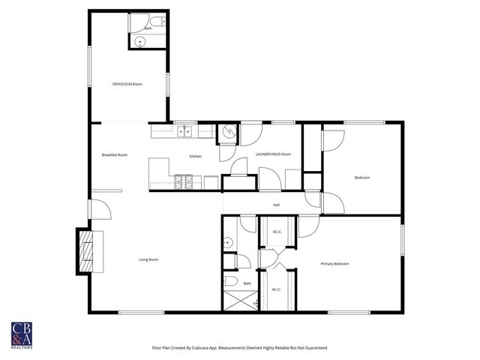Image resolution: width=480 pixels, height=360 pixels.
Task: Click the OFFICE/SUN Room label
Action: (x=127, y=84)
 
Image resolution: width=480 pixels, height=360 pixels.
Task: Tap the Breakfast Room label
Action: (x=115, y=154)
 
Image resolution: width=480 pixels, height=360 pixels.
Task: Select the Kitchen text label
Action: (x=195, y=156)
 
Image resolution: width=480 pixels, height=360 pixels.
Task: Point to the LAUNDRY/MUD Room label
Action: (x=273, y=154)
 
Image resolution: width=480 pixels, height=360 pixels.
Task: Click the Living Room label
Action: (x=148, y=259)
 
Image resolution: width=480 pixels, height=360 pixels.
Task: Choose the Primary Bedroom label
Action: (x=334, y=264)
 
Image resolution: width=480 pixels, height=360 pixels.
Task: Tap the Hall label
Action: (x=276, y=204)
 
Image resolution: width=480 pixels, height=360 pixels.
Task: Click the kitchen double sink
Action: (x=184, y=132)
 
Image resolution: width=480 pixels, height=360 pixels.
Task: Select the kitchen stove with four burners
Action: (x=183, y=181)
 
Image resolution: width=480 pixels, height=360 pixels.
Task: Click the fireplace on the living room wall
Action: (x=88, y=250)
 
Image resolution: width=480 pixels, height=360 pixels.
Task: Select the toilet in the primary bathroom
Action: (x=232, y=281)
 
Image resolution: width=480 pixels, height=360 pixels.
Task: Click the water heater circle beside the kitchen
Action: (x=227, y=133)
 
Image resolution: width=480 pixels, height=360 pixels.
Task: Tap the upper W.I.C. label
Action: (x=276, y=232)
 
